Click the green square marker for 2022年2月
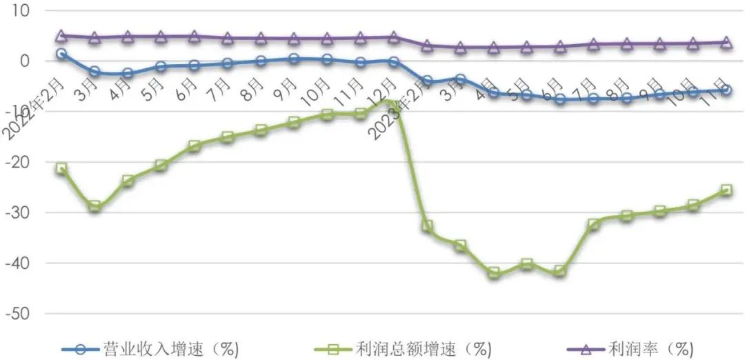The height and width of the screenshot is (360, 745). (x=61, y=168)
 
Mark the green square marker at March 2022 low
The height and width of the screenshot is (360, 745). (x=95, y=206)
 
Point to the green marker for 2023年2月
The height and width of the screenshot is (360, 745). (x=427, y=226)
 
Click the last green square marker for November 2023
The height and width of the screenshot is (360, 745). (x=726, y=190)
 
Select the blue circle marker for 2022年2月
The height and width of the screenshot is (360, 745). (x=61, y=53)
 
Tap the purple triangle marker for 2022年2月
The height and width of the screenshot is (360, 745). (x=61, y=35)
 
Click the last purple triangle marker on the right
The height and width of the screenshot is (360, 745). (x=726, y=42)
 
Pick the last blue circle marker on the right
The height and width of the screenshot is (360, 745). (x=726, y=90)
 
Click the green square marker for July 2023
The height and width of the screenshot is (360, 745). (x=593, y=225)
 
